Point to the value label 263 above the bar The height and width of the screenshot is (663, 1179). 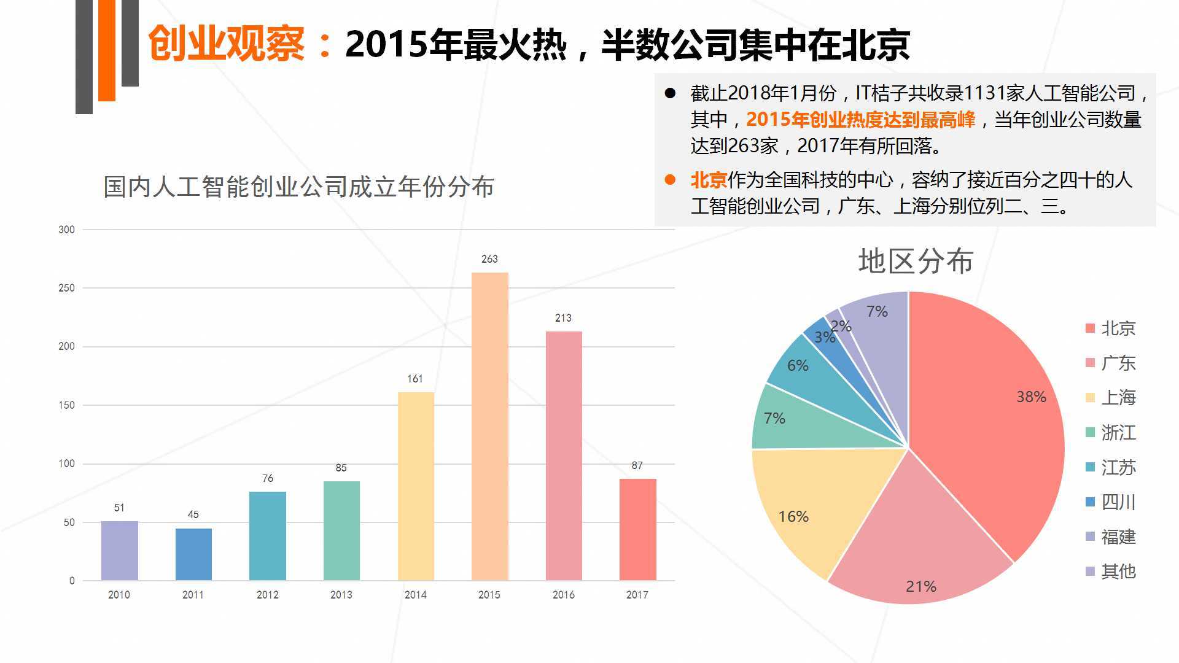pos(489,259)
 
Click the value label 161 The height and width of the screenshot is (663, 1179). pos(415,379)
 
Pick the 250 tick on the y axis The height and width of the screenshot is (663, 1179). pos(66,288)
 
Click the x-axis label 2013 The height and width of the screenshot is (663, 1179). pos(341,595)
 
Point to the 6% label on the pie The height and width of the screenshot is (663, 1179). pos(798,366)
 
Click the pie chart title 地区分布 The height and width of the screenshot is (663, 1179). pos(915,262)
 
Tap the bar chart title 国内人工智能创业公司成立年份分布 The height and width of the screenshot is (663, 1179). pos(298,187)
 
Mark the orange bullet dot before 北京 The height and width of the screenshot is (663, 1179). pos(670,180)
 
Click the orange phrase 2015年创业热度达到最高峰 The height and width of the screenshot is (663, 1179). pos(860,120)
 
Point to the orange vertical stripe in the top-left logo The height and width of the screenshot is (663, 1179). pos(107,49)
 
